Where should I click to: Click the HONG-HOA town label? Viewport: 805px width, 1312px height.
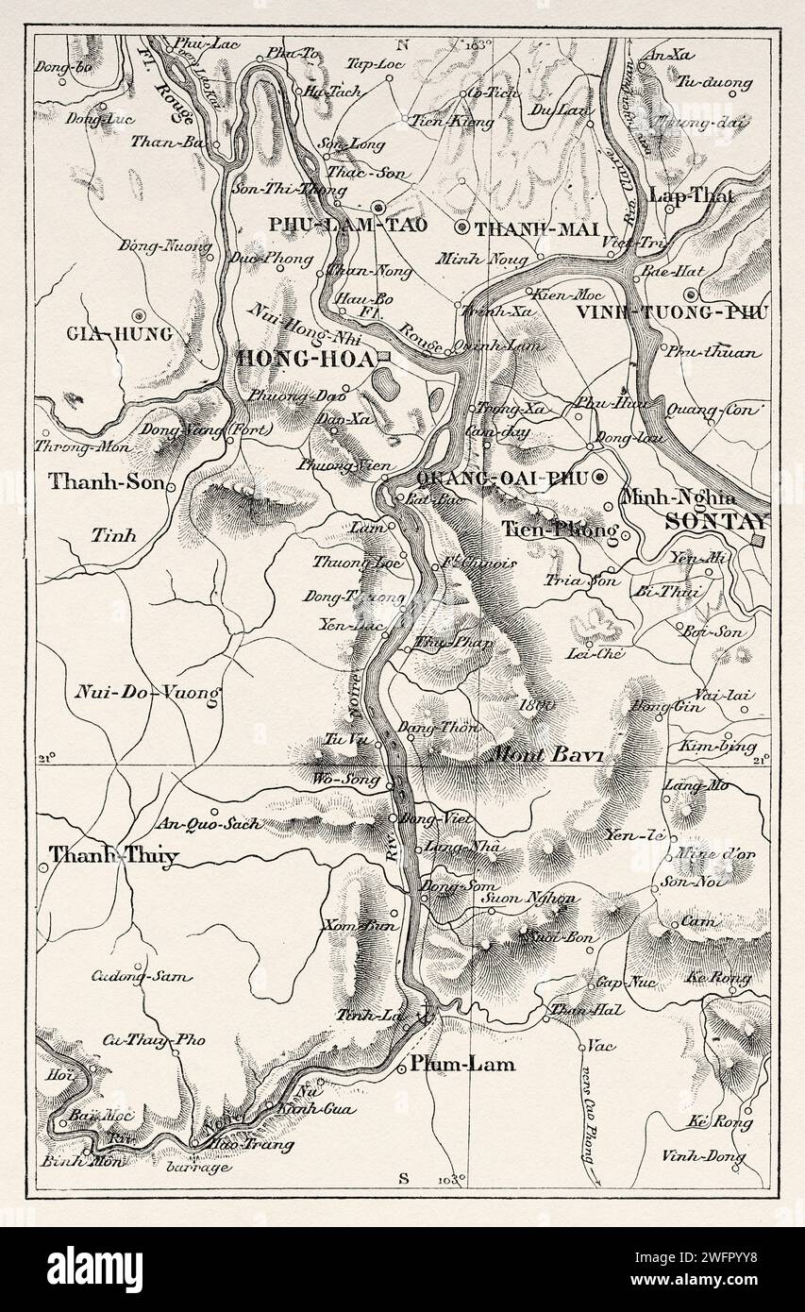click(x=305, y=357)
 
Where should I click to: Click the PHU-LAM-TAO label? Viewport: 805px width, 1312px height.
click(x=336, y=226)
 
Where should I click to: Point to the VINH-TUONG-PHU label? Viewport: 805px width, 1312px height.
click(x=672, y=312)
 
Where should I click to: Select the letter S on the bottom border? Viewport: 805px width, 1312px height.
click(x=403, y=1176)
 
